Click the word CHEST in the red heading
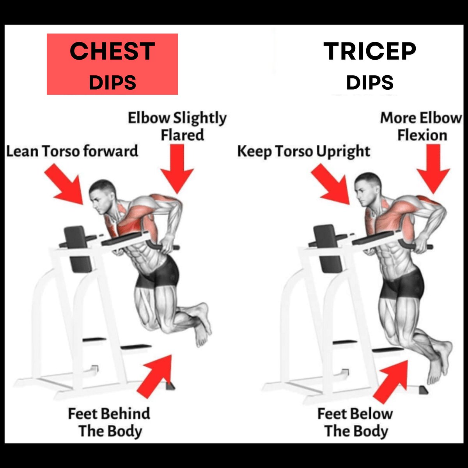pyautogui.click(x=112, y=51)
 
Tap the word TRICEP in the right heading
pyautogui.click(x=370, y=51)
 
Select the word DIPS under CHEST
pyautogui.click(x=112, y=82)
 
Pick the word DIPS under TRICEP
pyautogui.click(x=370, y=82)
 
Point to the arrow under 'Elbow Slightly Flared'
pyautogui.click(x=177, y=169)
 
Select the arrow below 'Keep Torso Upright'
pyautogui.click(x=331, y=184)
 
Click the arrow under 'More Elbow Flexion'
pyautogui.click(x=434, y=169)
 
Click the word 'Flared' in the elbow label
pyautogui.click(x=183, y=135)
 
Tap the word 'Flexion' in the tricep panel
pyautogui.click(x=422, y=135)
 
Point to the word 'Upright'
pyautogui.click(x=343, y=152)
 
